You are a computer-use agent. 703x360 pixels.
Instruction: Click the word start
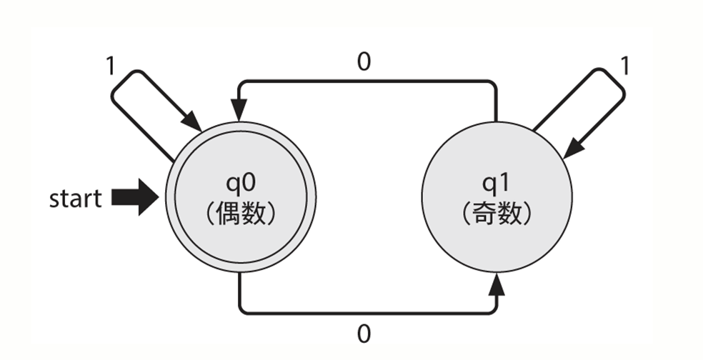[75, 198]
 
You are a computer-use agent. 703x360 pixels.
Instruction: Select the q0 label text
[241, 183]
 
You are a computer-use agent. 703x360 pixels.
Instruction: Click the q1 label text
[497, 183]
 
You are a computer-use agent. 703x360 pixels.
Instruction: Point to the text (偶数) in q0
[241, 214]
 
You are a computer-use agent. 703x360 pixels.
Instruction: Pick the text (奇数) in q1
[497, 214]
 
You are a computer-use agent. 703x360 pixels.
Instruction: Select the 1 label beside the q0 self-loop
[110, 66]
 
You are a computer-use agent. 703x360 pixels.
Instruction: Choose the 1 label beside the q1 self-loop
[625, 66]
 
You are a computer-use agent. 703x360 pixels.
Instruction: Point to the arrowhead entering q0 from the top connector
[239, 109]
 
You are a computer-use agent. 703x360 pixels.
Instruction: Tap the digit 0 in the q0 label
[248, 182]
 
